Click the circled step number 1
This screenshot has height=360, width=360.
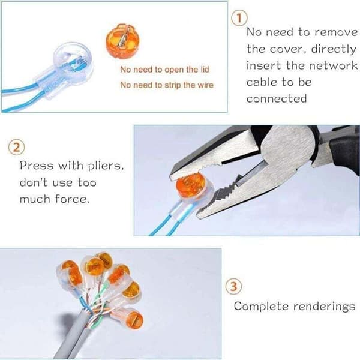tap(239, 19)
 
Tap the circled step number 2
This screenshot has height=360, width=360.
tap(16, 148)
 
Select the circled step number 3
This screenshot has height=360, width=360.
tap(233, 287)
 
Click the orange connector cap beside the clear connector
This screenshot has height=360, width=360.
tap(123, 41)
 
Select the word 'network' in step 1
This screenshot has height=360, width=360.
tap(333, 65)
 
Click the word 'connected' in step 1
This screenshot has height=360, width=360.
tap(277, 99)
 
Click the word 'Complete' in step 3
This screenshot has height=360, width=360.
tap(261, 306)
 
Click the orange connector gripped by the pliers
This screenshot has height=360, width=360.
tap(190, 185)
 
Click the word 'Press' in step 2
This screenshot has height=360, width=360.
tap(36, 166)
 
